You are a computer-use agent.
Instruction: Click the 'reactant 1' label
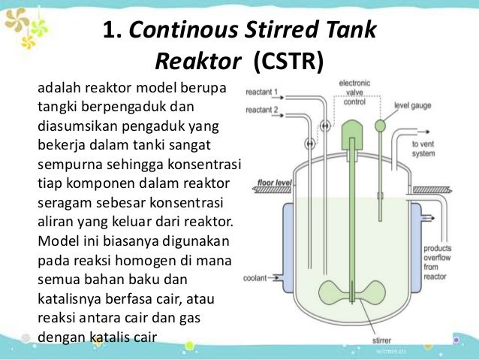point(261,92)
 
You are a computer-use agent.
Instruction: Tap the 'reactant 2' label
point(261,109)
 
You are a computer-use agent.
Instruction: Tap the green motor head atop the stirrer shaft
point(351,137)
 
